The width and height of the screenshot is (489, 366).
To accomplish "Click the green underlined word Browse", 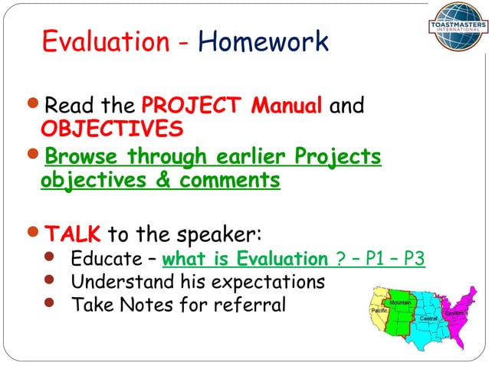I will coord(82,157).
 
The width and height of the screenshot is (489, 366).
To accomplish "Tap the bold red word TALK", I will coord(73,233).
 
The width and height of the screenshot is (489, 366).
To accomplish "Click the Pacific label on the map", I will coord(379,312).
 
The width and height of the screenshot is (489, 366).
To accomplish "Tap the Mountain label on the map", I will coord(400,303).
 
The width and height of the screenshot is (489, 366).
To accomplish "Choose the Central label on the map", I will coord(428,318).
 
